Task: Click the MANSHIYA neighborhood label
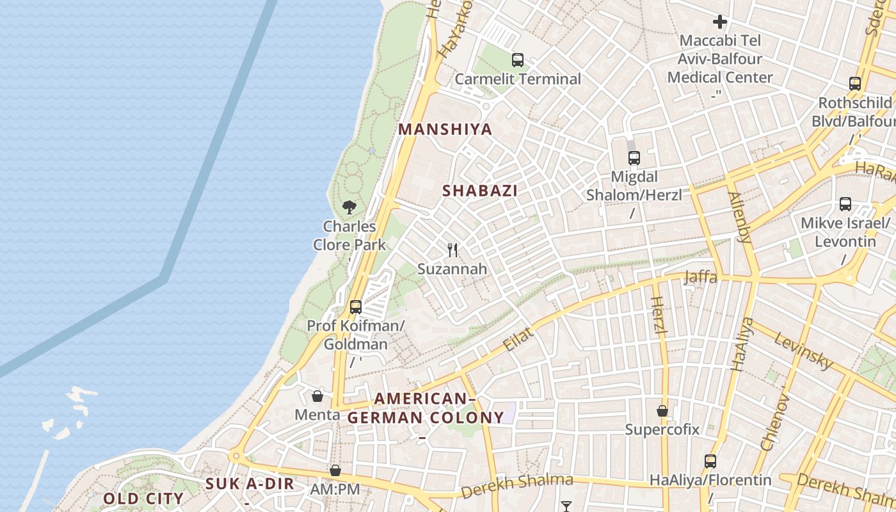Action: [x=445, y=129]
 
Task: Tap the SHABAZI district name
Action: [x=480, y=191]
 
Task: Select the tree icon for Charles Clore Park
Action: [x=349, y=207]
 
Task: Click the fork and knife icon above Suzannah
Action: [x=452, y=250]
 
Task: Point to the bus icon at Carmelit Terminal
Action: [x=518, y=60]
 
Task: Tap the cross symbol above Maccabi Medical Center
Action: [x=720, y=22]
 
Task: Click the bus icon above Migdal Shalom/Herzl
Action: [x=634, y=157]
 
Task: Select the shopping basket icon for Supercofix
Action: [x=662, y=410]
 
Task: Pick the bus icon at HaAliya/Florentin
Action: [x=710, y=461]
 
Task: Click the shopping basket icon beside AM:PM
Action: [x=335, y=470]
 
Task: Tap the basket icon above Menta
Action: [x=317, y=396]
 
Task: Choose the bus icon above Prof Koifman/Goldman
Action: [x=356, y=307]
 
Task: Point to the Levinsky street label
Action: [x=803, y=351]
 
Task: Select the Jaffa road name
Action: [x=700, y=277]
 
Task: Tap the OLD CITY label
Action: [x=143, y=498]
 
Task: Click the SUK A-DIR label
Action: [x=250, y=484]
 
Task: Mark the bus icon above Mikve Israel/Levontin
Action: [x=845, y=204]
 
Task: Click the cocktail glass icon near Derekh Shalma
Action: [x=566, y=506]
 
